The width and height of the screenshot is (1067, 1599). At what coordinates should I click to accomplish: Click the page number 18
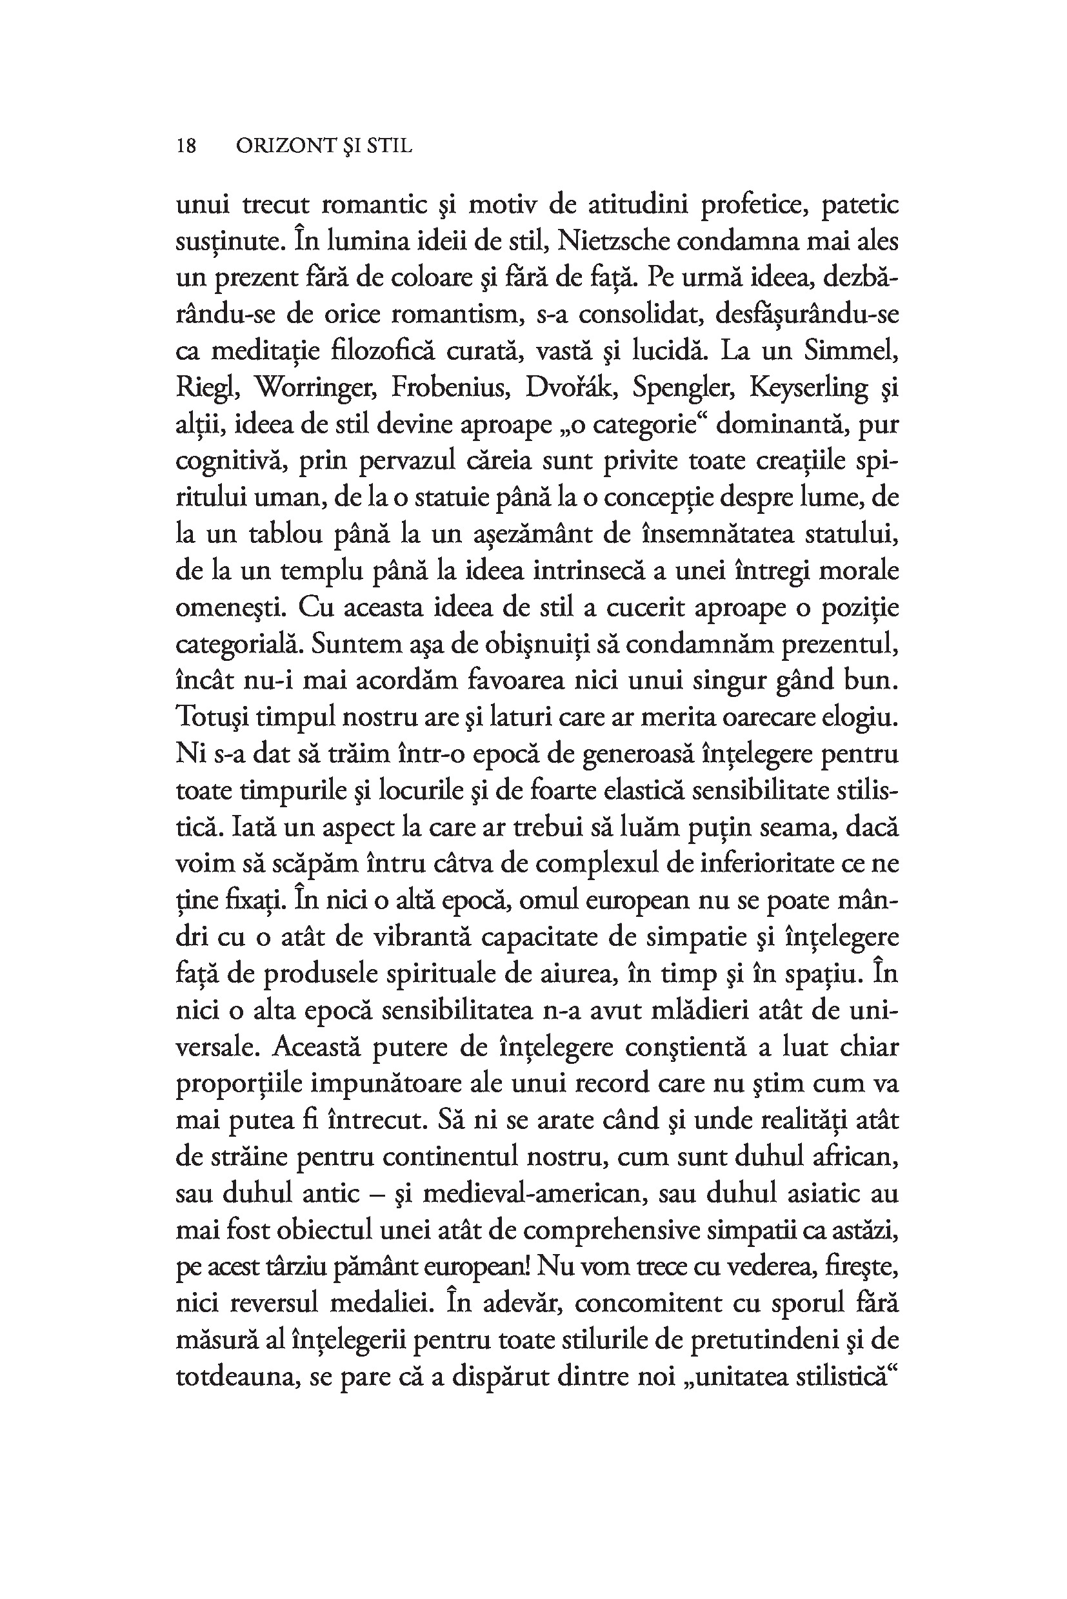pos(186,146)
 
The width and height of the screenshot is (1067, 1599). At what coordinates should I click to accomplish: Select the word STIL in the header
pos(389,146)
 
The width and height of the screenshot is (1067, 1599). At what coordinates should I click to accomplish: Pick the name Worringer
pos(315,387)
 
